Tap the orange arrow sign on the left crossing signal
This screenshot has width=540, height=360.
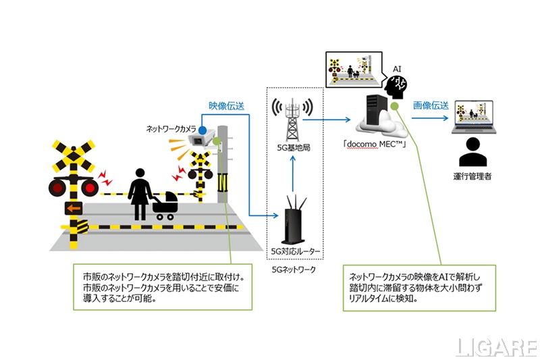point(72,207)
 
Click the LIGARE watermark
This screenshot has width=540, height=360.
point(496,347)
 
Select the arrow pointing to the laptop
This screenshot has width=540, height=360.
point(431,120)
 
